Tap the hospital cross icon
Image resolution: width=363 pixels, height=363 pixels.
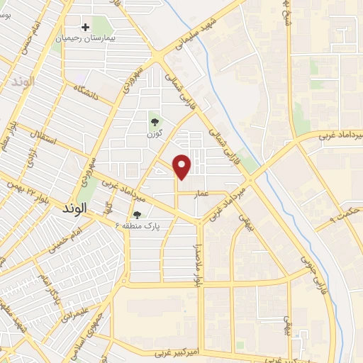tap(86, 28)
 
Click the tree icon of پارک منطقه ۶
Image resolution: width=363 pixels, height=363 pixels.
tap(137, 215)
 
